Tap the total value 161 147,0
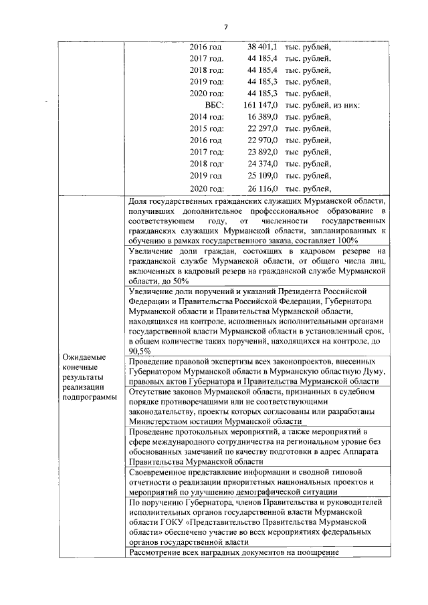click(x=260, y=105)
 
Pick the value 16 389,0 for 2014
click(x=263, y=117)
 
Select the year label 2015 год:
click(x=207, y=128)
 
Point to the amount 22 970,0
click(x=263, y=140)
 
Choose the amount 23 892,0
click(x=263, y=152)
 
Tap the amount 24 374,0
click(x=263, y=164)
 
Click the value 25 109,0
click(x=263, y=176)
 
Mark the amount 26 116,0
click(x=263, y=188)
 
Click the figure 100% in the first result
click(x=347, y=240)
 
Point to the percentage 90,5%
click(x=139, y=351)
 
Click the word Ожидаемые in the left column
click(x=82, y=357)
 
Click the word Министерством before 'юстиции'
click(x=162, y=421)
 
